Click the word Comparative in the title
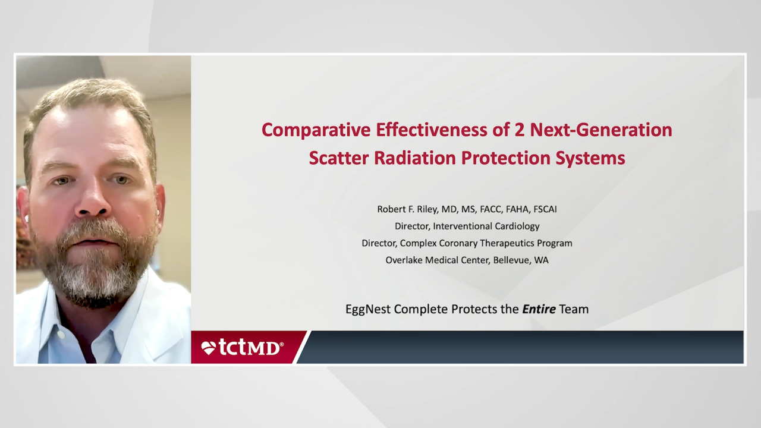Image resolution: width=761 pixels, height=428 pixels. [x=316, y=130]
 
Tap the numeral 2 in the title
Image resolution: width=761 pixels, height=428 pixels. [x=520, y=130]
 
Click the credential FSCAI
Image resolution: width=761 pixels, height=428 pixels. [x=545, y=209]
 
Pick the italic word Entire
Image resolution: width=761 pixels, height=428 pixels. [x=539, y=309]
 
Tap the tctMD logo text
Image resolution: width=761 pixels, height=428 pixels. [x=251, y=347]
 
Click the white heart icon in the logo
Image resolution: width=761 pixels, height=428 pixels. [x=208, y=348]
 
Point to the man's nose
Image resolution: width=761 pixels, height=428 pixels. [x=92, y=201]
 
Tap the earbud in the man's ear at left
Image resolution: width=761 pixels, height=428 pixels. [x=27, y=218]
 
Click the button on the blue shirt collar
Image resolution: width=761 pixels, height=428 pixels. [x=61, y=334]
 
